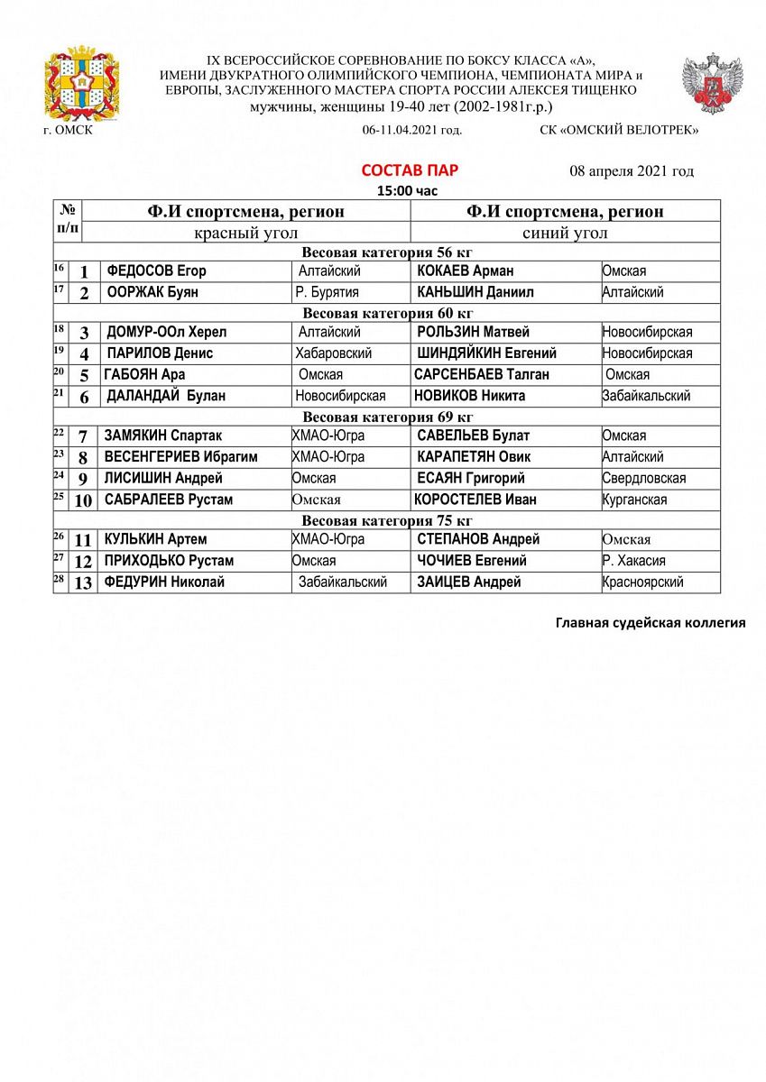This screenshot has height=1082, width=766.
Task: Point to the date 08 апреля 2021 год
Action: (x=632, y=171)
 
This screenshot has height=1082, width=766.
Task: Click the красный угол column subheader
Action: (x=245, y=234)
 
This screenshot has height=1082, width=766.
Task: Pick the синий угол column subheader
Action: (x=565, y=234)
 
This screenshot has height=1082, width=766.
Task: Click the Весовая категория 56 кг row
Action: (x=387, y=252)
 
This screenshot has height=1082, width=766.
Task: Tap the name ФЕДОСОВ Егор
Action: (x=156, y=270)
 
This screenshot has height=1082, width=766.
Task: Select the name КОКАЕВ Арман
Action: (x=466, y=270)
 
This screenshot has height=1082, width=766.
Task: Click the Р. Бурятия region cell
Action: (x=327, y=292)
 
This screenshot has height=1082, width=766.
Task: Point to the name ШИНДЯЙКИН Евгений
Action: (x=486, y=353)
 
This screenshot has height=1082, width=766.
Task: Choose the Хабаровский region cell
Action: (x=333, y=353)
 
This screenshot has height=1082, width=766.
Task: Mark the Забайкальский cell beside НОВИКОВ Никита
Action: (x=646, y=396)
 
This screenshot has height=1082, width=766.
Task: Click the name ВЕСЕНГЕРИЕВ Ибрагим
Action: (x=180, y=457)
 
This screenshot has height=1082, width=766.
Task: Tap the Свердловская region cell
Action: (x=644, y=479)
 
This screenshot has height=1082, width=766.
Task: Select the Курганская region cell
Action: (x=635, y=500)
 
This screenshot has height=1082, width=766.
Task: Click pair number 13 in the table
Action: (x=83, y=583)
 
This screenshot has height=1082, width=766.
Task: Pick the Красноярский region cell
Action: (x=642, y=582)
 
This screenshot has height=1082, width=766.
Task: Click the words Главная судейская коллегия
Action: (x=650, y=622)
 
